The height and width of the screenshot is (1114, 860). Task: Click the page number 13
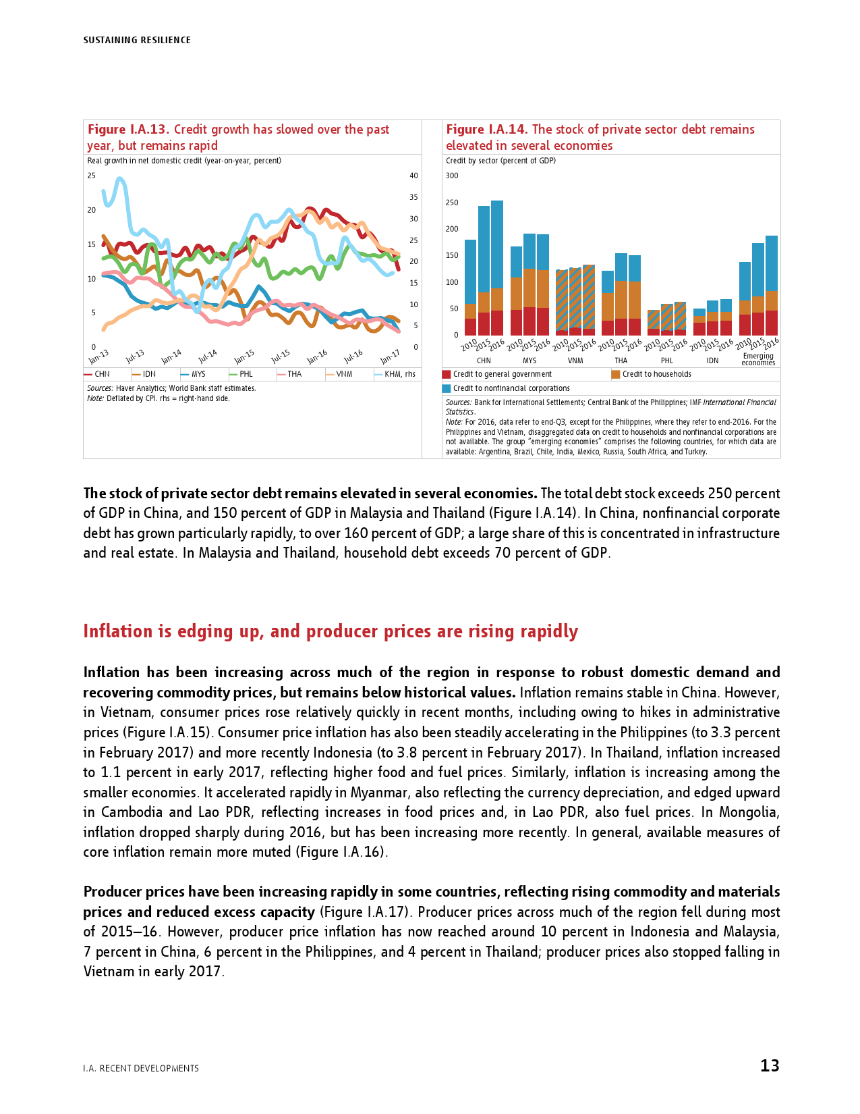tap(770, 1066)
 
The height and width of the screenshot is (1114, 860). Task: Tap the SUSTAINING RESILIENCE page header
tap(137, 41)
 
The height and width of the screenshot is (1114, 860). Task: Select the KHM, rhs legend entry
tap(399, 374)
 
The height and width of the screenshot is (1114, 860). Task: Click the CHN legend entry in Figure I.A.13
tap(102, 374)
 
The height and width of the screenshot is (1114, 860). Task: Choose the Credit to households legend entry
tap(656, 374)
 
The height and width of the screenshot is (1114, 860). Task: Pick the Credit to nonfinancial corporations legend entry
tap(511, 388)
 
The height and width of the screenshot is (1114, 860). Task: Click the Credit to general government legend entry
tap(502, 374)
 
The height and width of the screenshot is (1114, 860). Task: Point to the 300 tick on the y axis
tap(452, 176)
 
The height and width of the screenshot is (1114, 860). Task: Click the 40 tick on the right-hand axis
tap(413, 176)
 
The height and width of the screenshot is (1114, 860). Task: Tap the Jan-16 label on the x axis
tap(318, 356)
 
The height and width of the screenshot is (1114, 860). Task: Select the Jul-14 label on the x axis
tap(208, 356)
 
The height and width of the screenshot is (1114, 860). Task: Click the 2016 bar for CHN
tap(497, 267)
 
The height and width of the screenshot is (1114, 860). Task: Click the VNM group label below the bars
tap(575, 361)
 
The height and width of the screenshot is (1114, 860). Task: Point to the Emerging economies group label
tap(758, 359)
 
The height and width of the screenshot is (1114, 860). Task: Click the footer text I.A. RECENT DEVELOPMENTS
tap(141, 1068)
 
